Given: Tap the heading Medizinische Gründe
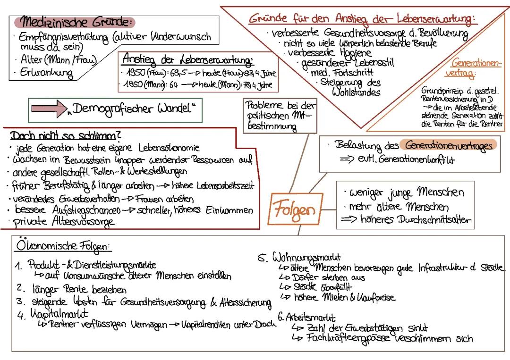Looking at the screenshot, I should (x=74, y=22).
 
